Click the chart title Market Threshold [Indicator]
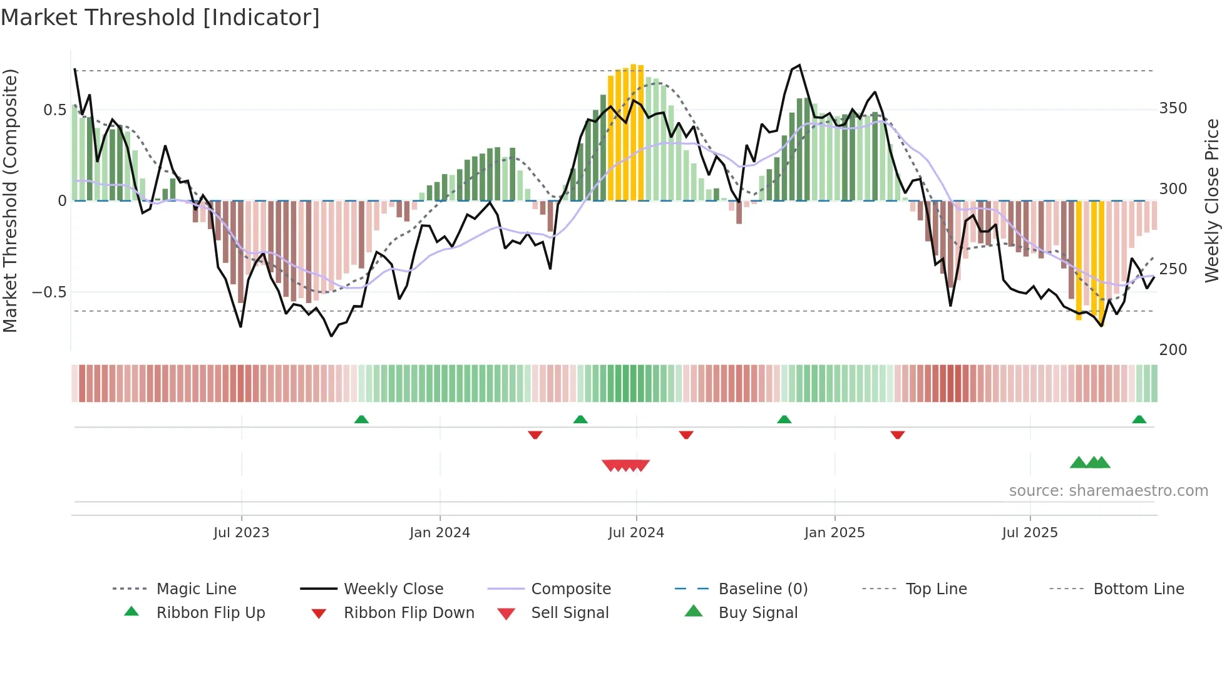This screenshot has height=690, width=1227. [160, 18]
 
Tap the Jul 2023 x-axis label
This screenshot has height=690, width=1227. [241, 533]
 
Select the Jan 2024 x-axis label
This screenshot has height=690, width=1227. [439, 533]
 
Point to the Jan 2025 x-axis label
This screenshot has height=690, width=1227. [834, 533]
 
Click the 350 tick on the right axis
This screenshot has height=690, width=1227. [1173, 108]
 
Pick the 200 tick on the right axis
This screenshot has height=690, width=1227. [1173, 349]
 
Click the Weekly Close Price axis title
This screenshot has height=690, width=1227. [1212, 200]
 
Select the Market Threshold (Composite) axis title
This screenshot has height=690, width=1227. [10, 200]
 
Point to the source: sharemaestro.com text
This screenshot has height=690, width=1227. [1108, 491]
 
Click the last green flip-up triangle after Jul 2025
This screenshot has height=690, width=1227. [1139, 420]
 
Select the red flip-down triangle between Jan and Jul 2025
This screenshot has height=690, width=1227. [897, 435]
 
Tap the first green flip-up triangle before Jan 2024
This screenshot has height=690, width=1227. [361, 420]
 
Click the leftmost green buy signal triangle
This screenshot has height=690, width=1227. [1078, 463]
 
